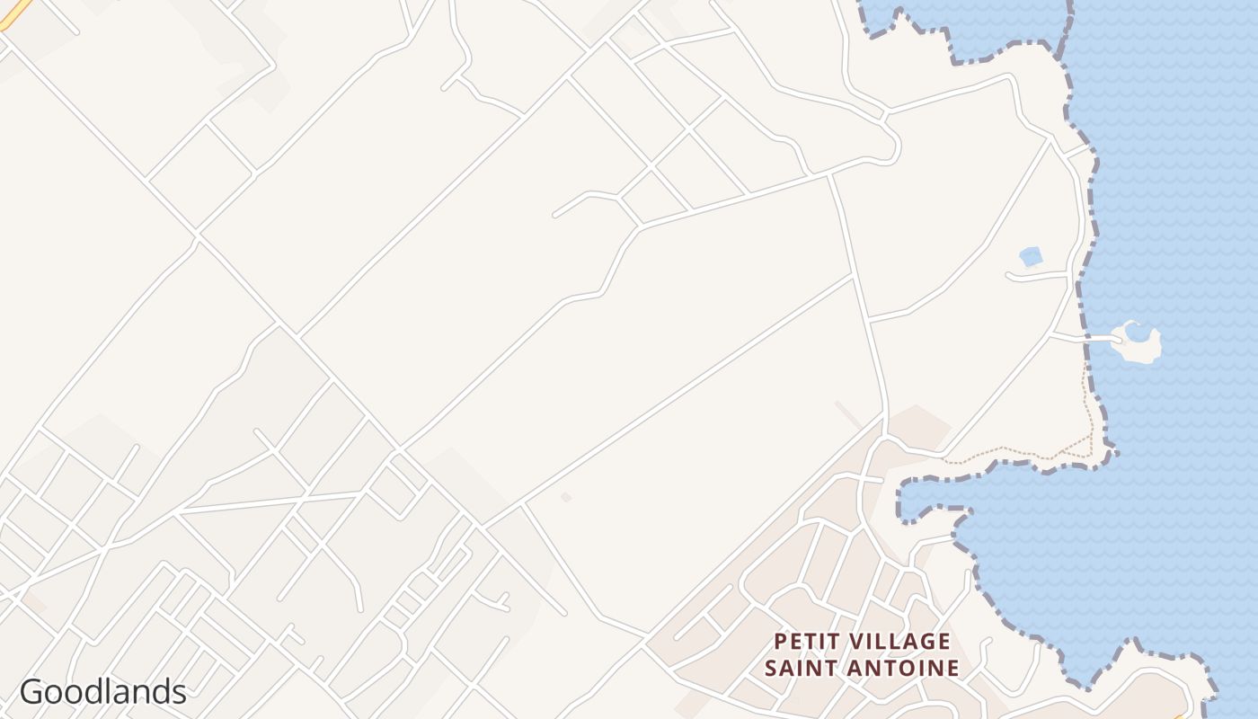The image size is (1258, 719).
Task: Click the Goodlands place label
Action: tap(102, 692)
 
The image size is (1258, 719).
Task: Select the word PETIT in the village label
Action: tap(806, 642)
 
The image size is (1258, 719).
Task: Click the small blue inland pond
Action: tap(1031, 257)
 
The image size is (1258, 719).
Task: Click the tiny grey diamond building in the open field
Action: tap(566, 497)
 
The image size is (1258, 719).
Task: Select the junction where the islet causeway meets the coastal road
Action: tap(1051, 333)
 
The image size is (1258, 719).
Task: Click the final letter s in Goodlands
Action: tap(178, 693)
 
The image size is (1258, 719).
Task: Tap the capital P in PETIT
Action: tap(780, 642)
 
